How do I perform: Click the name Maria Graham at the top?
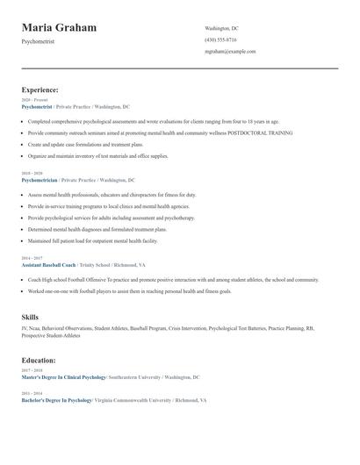click(x=59, y=29)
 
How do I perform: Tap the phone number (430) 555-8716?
click(x=220, y=39)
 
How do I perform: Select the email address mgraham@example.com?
click(x=230, y=51)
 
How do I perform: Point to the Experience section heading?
click(x=40, y=89)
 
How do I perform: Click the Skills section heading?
click(x=30, y=317)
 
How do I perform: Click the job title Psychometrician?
click(x=40, y=179)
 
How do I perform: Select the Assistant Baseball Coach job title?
click(x=48, y=264)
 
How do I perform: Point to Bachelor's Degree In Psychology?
click(x=57, y=400)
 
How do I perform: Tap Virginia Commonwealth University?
click(x=132, y=400)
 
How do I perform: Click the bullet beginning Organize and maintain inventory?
click(x=97, y=155)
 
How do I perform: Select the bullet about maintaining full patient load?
click(x=93, y=240)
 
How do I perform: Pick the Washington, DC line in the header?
click(x=221, y=28)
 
